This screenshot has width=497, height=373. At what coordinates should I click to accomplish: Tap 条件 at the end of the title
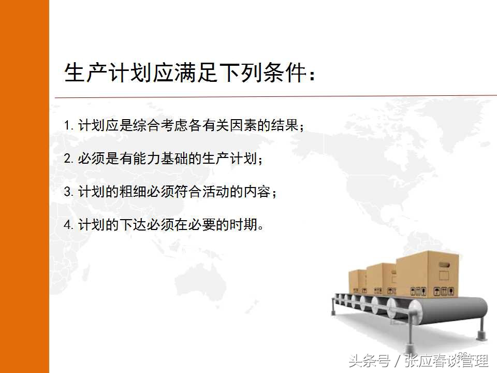coord(284,74)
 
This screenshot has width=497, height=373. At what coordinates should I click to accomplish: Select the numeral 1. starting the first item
coord(69,125)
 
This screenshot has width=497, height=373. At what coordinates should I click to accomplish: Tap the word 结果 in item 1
coord(286,125)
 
